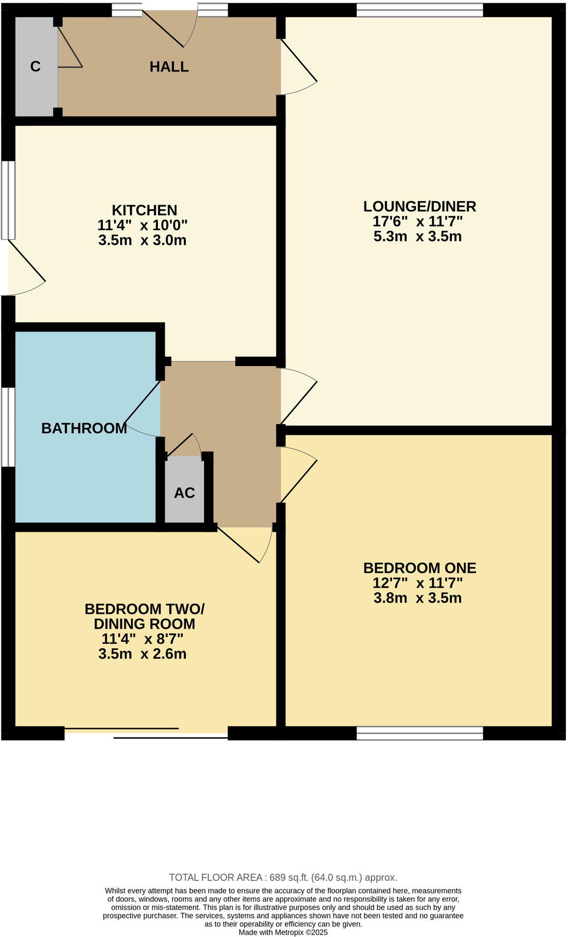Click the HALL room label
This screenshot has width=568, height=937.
pyautogui.click(x=169, y=67)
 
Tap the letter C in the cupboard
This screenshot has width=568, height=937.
pyautogui.click(x=35, y=66)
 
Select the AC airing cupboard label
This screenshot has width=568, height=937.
pyautogui.click(x=184, y=493)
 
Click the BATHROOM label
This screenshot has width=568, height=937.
pyautogui.click(x=84, y=428)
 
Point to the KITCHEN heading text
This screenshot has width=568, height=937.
pyautogui.click(x=144, y=210)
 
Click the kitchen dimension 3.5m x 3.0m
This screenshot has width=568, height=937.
pyautogui.click(x=142, y=241)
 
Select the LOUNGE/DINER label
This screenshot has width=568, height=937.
pyautogui.click(x=419, y=206)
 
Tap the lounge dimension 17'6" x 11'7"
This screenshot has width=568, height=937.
pyautogui.click(x=418, y=221)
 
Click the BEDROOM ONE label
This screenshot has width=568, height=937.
pyautogui.click(x=419, y=568)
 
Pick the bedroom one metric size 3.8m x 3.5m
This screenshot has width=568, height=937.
pyautogui.click(x=418, y=598)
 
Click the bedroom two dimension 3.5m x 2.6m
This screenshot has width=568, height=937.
pyautogui.click(x=142, y=654)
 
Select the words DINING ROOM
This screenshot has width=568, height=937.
pyautogui.click(x=144, y=624)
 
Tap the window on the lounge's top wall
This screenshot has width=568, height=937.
pyautogui.click(x=419, y=10)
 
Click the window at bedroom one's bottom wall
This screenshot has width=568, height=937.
pyautogui.click(x=419, y=733)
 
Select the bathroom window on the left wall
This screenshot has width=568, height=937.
pyautogui.click(x=8, y=426)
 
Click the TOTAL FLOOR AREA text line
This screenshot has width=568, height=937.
pyautogui.click(x=283, y=877)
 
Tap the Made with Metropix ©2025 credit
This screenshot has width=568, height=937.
pyautogui.click(x=283, y=933)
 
